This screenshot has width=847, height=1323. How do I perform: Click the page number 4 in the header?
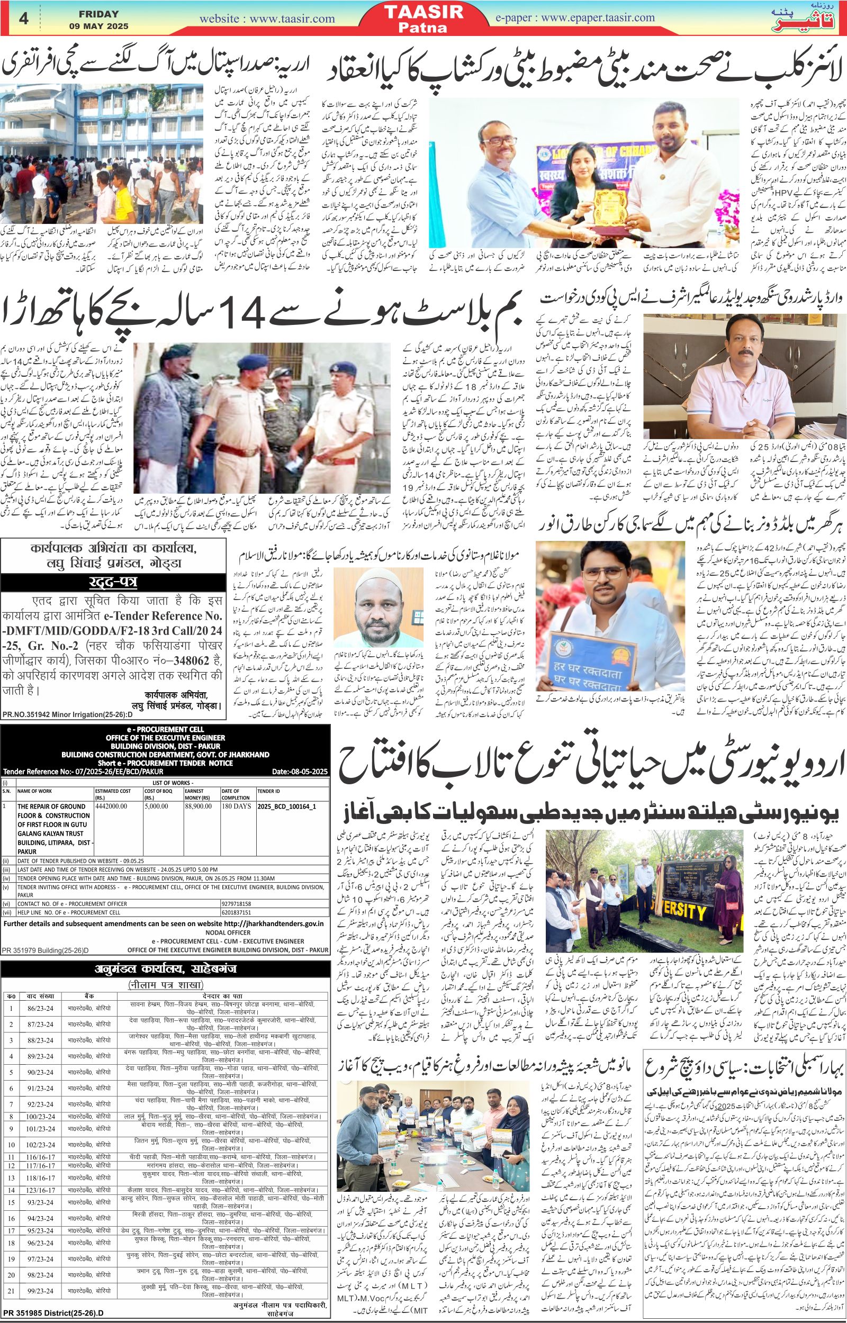pos(24,18)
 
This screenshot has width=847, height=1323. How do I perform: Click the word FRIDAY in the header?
pos(99,13)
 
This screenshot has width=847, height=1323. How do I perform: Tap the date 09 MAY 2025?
pos(99,26)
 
